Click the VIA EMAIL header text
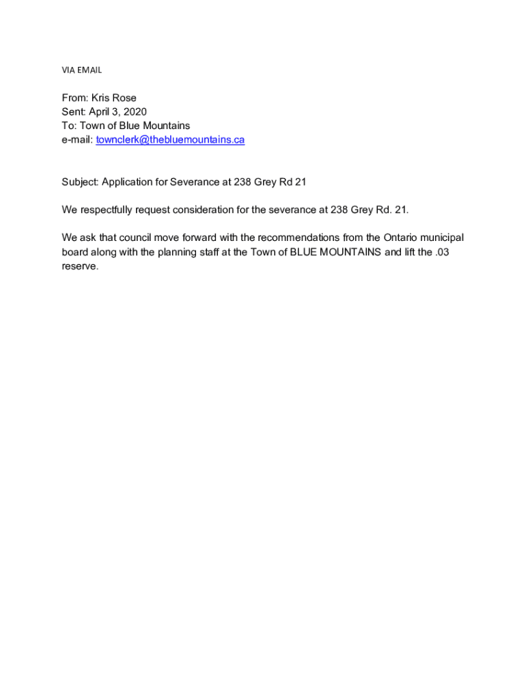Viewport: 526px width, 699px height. coord(81,70)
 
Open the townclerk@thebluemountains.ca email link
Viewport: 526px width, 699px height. coord(170,140)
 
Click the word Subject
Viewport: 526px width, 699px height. coord(80,182)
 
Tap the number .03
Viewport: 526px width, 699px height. coord(440,252)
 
